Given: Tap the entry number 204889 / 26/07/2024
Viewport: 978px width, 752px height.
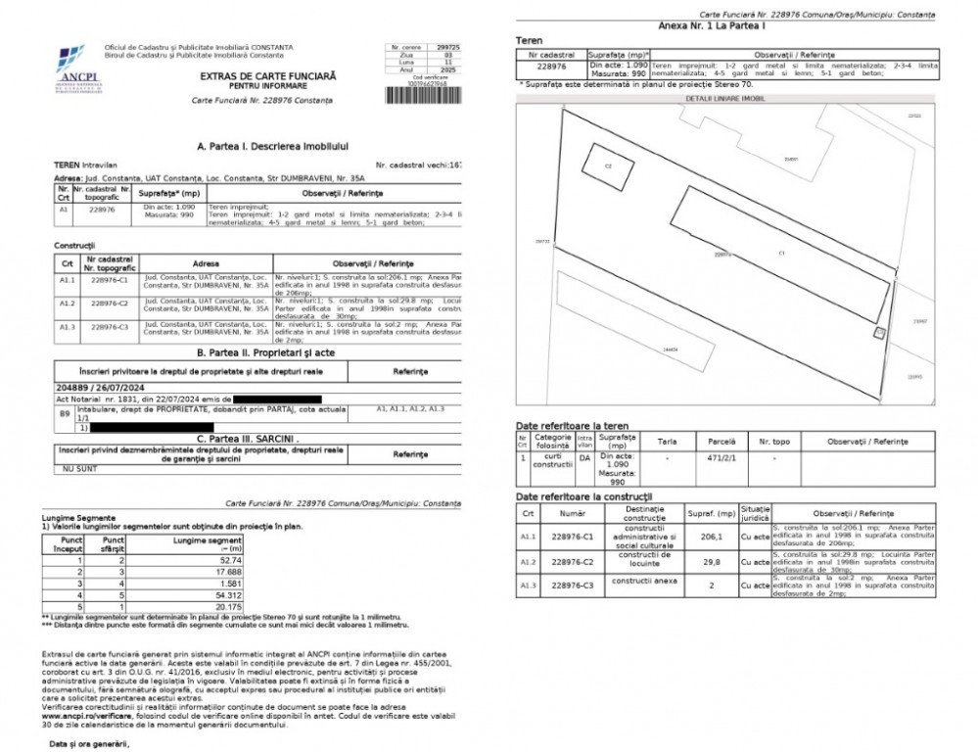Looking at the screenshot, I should click(97, 388).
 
